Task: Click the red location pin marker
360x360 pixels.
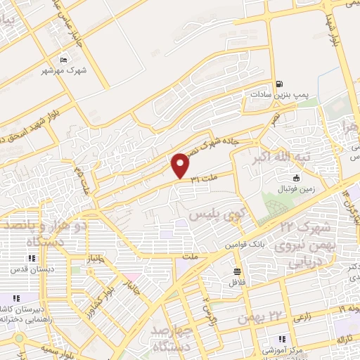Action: [181, 166]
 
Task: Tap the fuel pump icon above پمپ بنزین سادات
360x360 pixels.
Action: [279, 82]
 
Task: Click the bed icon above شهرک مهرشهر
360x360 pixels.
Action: [64, 60]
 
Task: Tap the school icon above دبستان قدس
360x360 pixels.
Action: [31, 258]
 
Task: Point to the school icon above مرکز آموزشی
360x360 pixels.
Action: [281, 338]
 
